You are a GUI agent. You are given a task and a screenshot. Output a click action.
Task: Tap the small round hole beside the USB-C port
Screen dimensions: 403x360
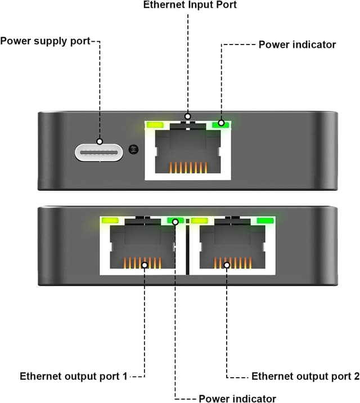133,149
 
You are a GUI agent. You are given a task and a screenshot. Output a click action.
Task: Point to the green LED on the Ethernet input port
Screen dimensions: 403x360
220,124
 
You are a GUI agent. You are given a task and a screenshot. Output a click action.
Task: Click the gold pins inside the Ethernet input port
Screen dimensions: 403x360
187,168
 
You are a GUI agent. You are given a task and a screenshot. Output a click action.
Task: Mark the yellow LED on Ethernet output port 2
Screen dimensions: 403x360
200,221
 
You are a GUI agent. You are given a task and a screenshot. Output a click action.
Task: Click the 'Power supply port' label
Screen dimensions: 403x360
45,41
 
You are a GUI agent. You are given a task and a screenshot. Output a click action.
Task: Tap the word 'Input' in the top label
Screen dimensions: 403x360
206,5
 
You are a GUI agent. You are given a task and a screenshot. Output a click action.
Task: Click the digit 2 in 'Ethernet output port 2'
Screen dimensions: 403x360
355,376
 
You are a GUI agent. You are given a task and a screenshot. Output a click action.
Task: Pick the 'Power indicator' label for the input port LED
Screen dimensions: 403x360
297,44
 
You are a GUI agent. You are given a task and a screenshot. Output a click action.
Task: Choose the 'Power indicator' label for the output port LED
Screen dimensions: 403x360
237,398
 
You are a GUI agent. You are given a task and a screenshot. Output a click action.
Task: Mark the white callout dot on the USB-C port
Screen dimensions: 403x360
100,142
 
